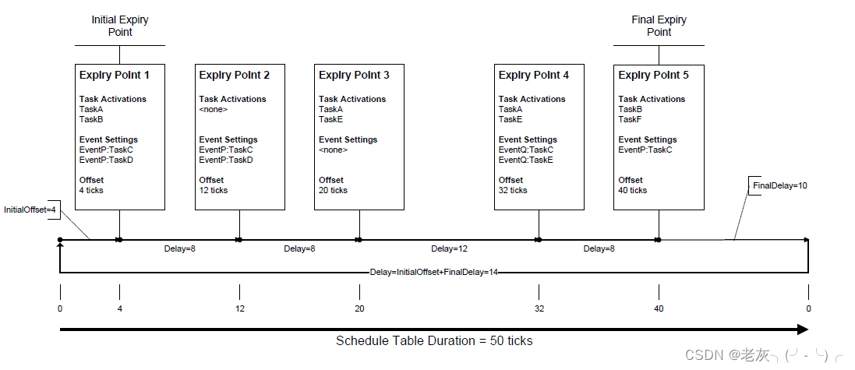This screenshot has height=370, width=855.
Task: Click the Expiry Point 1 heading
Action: click(x=115, y=76)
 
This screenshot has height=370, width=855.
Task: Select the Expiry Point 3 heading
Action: click(x=354, y=76)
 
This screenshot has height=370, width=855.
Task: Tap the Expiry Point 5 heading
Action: click(x=653, y=76)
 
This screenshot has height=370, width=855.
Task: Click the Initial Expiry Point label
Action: click(x=119, y=26)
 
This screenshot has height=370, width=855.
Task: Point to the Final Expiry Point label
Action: click(x=659, y=26)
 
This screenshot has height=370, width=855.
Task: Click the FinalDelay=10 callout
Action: click(x=779, y=185)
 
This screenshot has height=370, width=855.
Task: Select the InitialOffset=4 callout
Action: click(x=30, y=210)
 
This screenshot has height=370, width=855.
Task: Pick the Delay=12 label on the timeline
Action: click(x=449, y=249)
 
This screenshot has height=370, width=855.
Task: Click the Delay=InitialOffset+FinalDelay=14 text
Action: click(x=433, y=273)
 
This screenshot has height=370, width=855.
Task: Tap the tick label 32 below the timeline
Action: click(x=539, y=309)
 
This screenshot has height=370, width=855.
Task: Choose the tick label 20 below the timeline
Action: click(x=359, y=309)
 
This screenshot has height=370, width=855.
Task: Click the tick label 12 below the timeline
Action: click(x=239, y=309)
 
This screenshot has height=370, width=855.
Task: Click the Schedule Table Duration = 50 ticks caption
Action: click(x=434, y=341)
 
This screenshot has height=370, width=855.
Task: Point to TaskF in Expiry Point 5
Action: click(x=630, y=119)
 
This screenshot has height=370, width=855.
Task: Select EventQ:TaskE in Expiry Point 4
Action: click(x=525, y=160)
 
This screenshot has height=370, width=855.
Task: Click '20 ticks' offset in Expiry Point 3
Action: click(x=333, y=190)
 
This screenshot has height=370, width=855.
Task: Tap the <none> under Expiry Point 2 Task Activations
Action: click(x=212, y=109)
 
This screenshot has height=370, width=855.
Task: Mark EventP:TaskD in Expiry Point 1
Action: click(x=106, y=160)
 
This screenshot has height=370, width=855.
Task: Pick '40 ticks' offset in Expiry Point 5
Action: click(x=632, y=190)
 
